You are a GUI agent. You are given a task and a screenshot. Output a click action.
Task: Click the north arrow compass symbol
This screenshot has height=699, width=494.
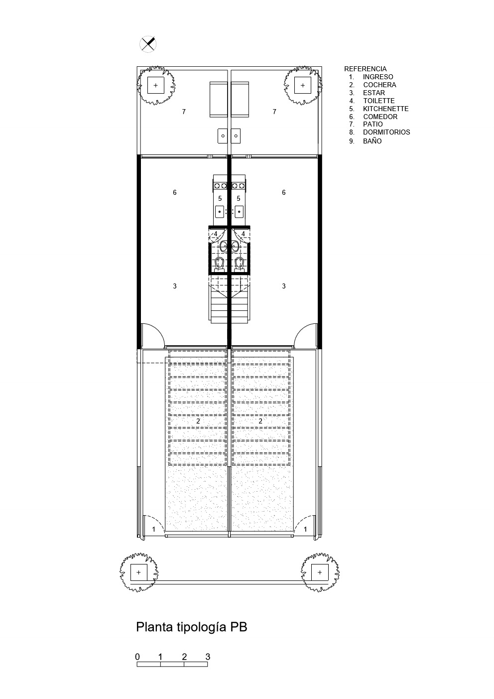(148, 44)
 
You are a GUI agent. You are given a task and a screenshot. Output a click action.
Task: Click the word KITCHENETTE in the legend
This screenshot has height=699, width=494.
(385, 109)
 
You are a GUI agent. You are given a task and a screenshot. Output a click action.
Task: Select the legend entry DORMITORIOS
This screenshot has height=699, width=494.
(386, 132)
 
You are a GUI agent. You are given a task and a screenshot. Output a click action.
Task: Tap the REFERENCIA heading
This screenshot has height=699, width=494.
(365, 69)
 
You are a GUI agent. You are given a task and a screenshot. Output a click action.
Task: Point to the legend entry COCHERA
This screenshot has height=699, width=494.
(379, 85)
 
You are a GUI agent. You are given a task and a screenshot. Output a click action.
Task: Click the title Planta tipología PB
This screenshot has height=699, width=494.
(191, 627)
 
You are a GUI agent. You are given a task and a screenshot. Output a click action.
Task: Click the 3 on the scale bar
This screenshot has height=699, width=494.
(208, 657)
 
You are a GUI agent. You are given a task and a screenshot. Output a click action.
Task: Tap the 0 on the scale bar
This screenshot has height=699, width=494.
(137, 657)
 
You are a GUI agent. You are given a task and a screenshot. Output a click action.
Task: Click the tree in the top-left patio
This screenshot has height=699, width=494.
(155, 85)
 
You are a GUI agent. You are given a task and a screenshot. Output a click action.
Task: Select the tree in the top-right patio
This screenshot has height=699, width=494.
(302, 85)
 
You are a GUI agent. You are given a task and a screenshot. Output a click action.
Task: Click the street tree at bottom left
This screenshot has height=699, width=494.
(138, 572)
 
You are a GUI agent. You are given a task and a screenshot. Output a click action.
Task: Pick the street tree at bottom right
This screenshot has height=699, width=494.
(319, 572)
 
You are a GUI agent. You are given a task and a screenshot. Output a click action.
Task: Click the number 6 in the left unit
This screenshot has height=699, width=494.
(175, 192)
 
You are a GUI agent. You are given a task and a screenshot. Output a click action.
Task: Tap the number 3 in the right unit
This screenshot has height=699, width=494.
(284, 286)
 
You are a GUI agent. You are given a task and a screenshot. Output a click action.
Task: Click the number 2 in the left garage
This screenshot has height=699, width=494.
(198, 421)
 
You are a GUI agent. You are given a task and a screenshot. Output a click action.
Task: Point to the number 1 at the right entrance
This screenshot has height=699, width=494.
(305, 530)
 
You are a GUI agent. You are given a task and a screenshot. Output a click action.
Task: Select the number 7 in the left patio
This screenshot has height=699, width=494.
(184, 112)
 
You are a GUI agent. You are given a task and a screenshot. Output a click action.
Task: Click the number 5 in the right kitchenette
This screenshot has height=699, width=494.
(239, 198)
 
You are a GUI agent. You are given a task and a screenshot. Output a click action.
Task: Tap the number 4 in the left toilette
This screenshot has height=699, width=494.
(216, 234)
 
